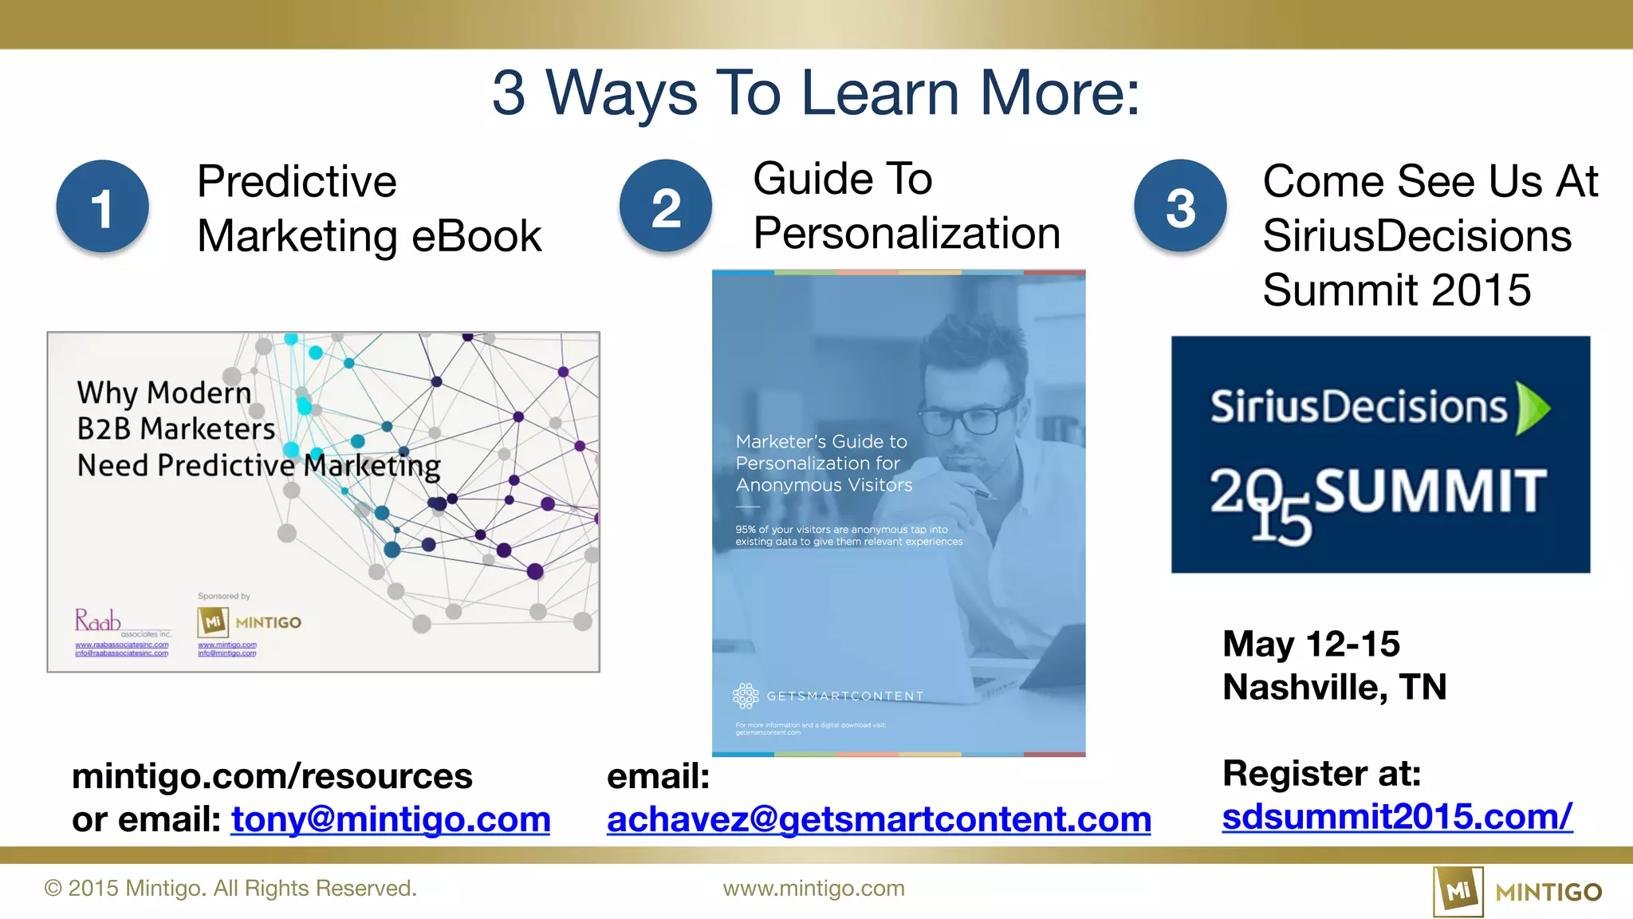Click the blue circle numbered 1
102,207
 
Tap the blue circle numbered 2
666,206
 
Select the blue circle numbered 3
1180,206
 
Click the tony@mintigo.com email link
391,819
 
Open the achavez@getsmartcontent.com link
879,819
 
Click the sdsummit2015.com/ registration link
1397,816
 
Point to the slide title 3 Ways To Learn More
816,93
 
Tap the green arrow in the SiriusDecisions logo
1533,408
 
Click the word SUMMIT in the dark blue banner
1430,491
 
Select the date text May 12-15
1311,644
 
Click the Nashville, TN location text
1334,687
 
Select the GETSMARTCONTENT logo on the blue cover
828,696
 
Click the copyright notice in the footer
230,888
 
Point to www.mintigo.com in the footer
813,888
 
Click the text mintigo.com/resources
272,776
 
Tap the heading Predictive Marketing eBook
368,208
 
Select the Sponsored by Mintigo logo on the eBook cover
249,622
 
